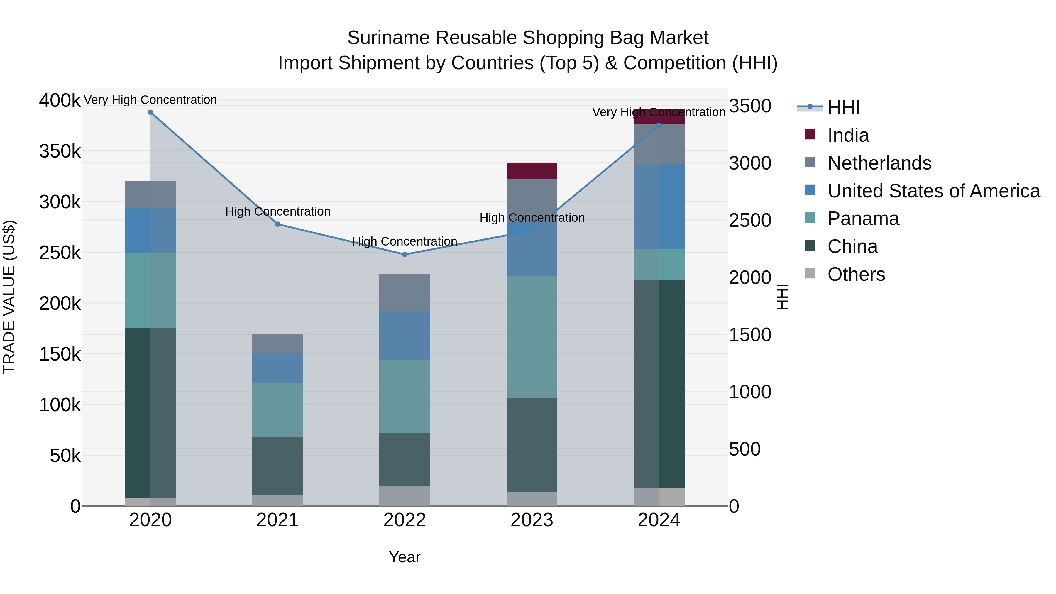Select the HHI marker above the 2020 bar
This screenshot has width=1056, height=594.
point(150,112)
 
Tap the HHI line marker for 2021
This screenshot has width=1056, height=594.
point(277,224)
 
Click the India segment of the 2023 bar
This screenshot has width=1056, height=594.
point(532,171)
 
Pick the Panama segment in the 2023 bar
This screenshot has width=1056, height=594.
point(532,337)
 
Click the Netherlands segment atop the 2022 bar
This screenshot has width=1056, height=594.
point(405,293)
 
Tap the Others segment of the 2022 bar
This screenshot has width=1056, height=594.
point(405,496)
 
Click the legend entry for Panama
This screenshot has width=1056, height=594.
point(863,219)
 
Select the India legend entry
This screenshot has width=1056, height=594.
point(848,135)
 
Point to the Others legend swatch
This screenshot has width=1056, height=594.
point(810,273)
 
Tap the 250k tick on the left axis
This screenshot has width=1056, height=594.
point(60,253)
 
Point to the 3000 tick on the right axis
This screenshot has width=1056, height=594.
point(750,163)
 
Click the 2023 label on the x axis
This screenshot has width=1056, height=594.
point(532,520)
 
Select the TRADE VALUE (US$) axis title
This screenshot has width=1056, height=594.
point(9,297)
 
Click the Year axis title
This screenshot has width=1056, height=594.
point(405,557)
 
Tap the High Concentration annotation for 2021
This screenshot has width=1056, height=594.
point(277,211)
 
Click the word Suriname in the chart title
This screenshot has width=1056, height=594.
point(387,38)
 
